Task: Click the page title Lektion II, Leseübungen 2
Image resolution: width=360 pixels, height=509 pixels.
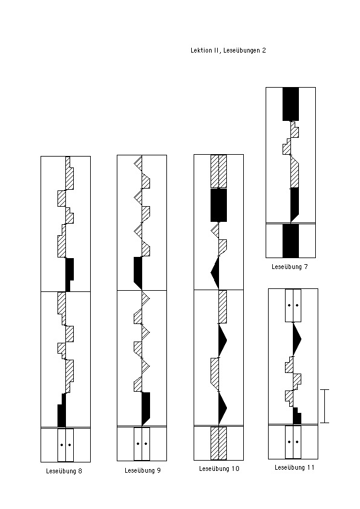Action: (x=228, y=50)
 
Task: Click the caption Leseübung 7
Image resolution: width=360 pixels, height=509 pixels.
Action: (x=289, y=267)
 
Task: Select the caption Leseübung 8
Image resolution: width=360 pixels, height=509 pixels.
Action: (x=64, y=471)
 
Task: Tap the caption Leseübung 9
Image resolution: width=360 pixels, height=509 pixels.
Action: (x=143, y=470)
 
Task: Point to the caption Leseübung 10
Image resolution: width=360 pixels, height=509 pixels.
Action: (x=219, y=468)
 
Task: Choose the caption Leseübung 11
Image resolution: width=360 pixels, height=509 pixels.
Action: (x=295, y=467)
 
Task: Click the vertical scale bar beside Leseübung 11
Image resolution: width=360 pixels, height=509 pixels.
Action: (x=324, y=406)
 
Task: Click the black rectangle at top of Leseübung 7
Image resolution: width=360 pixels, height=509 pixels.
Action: (x=290, y=104)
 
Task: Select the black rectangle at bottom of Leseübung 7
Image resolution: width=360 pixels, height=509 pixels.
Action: (x=290, y=241)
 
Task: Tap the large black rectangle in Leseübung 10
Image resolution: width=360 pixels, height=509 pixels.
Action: (x=218, y=205)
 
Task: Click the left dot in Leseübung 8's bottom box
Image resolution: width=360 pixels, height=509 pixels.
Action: (x=62, y=445)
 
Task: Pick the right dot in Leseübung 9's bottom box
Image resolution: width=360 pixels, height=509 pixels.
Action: (x=146, y=444)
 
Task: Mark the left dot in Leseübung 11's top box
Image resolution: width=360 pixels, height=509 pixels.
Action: (x=289, y=305)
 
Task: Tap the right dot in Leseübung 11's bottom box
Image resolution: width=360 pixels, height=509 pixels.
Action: (x=297, y=442)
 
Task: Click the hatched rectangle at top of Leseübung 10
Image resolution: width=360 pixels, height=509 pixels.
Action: (x=218, y=172)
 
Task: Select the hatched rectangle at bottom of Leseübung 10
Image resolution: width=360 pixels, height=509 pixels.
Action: (x=218, y=443)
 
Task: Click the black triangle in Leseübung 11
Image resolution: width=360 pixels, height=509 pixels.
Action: (x=296, y=340)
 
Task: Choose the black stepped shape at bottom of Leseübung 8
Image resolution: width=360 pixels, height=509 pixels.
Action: (x=62, y=410)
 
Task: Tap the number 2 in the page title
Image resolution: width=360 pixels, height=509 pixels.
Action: (x=264, y=50)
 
